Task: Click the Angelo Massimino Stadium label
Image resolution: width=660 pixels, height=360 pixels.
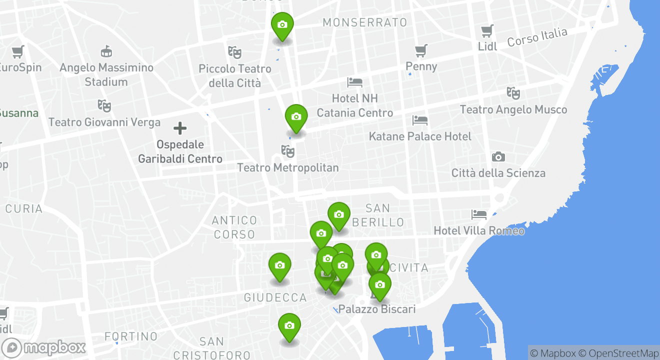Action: (x=106, y=74)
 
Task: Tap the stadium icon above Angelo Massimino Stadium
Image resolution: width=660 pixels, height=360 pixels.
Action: (x=106, y=51)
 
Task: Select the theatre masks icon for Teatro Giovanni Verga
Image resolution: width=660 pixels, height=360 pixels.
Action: (x=104, y=105)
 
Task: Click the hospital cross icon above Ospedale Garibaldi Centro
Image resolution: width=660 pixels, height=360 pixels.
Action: (x=180, y=128)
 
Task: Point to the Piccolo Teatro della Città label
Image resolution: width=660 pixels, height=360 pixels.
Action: (x=235, y=75)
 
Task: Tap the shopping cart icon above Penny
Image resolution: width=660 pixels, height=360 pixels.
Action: (x=421, y=50)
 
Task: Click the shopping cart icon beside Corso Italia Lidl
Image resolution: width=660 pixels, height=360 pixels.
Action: (x=487, y=31)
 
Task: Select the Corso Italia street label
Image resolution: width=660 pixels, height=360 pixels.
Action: (x=537, y=37)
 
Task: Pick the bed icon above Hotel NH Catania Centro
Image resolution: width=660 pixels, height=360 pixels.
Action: (x=354, y=82)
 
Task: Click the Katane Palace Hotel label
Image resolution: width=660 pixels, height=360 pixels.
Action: (x=420, y=136)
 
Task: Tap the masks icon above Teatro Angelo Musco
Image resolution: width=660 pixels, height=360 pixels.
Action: (x=513, y=93)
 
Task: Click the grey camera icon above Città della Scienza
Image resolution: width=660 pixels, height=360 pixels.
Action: (x=498, y=157)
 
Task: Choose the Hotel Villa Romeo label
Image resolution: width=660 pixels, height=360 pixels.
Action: (x=479, y=230)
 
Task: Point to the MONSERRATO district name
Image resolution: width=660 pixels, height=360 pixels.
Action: (x=365, y=22)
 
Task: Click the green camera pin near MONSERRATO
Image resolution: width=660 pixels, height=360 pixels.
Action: (x=282, y=25)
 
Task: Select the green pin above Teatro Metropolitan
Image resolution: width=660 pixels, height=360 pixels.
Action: (x=296, y=117)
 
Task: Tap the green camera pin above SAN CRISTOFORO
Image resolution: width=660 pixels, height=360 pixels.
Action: (x=289, y=326)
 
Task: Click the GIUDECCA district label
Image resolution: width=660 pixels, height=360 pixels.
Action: (x=275, y=298)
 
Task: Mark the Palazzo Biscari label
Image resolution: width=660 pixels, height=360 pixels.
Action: (x=376, y=309)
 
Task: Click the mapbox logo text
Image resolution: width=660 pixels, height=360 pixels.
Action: (x=54, y=347)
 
